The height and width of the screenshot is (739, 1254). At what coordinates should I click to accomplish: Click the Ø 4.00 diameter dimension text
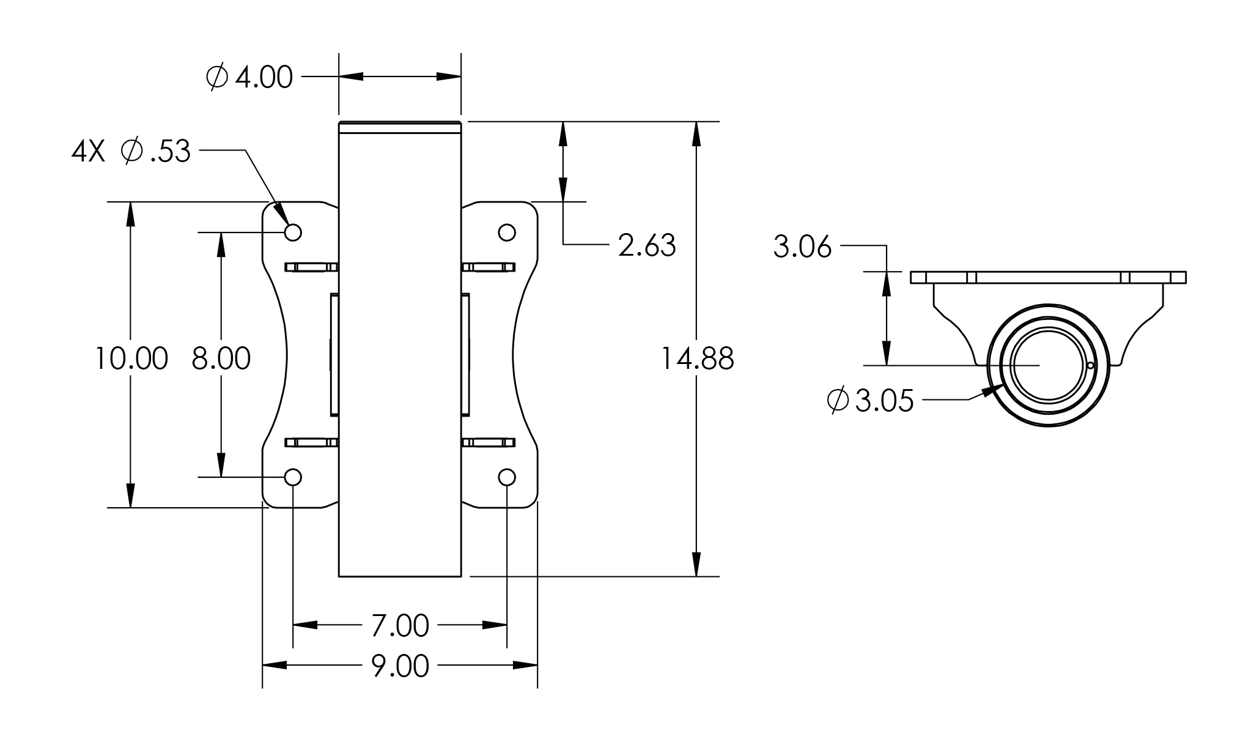point(249,78)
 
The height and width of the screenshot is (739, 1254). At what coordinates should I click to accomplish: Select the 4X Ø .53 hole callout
point(131,151)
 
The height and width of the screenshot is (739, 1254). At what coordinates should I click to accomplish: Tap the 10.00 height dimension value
point(131,358)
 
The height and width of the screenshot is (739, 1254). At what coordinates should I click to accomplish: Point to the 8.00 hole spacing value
point(221,358)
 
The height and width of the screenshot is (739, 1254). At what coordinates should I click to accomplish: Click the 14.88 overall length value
point(698,358)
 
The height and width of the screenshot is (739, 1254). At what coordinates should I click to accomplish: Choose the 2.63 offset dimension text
point(647,245)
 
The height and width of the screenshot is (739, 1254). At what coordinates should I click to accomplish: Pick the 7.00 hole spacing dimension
point(400,626)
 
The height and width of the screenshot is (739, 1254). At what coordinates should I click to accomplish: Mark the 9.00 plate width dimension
point(400,666)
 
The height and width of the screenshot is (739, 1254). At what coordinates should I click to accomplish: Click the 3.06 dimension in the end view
point(803,247)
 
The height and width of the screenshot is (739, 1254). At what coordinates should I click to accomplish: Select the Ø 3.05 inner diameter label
point(870,401)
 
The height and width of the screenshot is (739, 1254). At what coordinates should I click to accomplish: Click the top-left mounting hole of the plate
point(293,232)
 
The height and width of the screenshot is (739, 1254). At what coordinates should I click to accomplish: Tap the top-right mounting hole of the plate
point(507,232)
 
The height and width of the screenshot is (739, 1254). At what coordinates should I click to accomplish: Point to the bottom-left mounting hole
point(293,477)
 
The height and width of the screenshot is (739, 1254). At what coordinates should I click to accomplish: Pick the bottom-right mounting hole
point(507,477)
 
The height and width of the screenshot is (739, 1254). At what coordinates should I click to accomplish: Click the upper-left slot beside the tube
point(311,267)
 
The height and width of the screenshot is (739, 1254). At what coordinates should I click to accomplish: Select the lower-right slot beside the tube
point(488,442)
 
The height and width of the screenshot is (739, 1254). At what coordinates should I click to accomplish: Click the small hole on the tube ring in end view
point(1091,366)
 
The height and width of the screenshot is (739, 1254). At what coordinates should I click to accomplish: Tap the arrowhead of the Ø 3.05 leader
point(991,390)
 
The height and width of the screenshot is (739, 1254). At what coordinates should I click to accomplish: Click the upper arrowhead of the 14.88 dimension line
point(696,134)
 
